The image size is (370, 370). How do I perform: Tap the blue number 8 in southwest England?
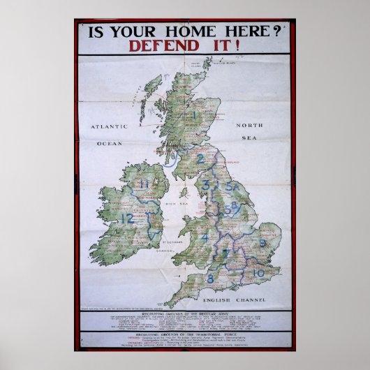tap(209, 279)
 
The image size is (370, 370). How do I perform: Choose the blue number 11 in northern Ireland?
tap(145, 184)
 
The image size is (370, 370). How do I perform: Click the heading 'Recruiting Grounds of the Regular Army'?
tap(184, 316)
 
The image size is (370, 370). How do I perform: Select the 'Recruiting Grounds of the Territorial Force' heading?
tap(184, 335)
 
